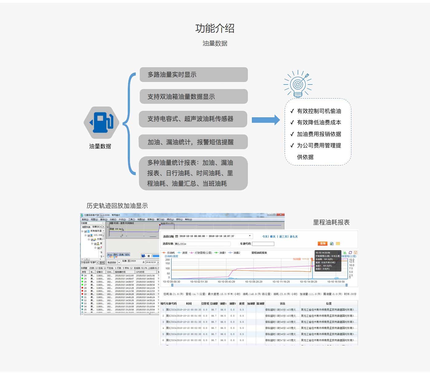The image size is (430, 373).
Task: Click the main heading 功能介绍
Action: (x=215, y=29)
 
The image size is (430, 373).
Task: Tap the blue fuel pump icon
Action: (x=101, y=123)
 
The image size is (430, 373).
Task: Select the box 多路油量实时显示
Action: (x=193, y=75)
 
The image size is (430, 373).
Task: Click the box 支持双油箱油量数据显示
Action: (x=193, y=97)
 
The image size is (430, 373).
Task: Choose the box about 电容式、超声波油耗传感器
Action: (x=193, y=119)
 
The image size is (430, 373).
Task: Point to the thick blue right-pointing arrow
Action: (x=265, y=120)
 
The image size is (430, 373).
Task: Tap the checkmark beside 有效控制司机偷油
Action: (x=292, y=111)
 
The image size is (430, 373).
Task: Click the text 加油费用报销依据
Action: (x=319, y=134)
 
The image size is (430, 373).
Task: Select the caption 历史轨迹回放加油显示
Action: (x=117, y=206)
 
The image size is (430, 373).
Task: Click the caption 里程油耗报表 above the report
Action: (x=331, y=222)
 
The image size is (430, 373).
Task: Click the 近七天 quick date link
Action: (x=294, y=237)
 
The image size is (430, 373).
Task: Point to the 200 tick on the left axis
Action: (x=168, y=260)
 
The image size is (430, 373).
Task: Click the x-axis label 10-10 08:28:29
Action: (x=253, y=282)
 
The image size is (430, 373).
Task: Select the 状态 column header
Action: (x=282, y=304)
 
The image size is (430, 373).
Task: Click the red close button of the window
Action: (x=281, y=215)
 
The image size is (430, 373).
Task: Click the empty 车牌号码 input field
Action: (x=263, y=244)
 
